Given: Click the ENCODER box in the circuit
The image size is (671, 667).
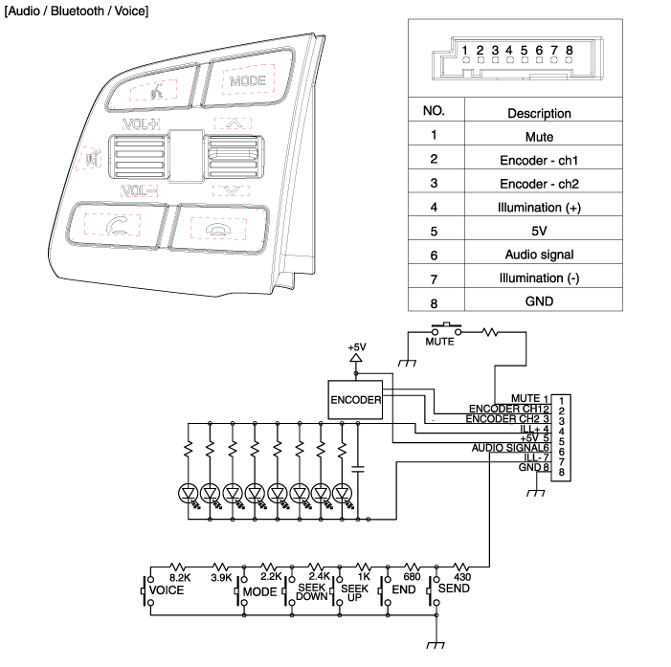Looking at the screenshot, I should coord(355,399).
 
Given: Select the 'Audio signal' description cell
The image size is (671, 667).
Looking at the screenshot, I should coord(538,255).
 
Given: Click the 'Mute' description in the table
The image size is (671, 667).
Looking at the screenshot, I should coord(538,137).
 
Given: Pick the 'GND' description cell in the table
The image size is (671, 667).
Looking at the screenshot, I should coord(538,301).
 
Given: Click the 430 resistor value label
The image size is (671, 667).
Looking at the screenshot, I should coord(461,577).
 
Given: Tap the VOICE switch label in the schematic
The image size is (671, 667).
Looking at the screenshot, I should coord(167,591).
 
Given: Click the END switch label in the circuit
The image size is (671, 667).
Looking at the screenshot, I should coord(403,591).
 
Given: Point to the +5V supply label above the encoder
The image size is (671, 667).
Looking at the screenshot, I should coord(356,346).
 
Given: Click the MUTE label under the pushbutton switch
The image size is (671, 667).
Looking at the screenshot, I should coord(439,341).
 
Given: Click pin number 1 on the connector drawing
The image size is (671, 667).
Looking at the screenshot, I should coord(464,49).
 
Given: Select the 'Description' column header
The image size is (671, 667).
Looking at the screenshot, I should coord(538,113).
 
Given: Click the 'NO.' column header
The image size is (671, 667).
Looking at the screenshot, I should coord(434,111).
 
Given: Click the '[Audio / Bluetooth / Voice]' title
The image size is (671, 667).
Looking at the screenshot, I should coord(77,10).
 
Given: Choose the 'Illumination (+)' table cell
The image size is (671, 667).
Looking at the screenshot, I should coord(538,208).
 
